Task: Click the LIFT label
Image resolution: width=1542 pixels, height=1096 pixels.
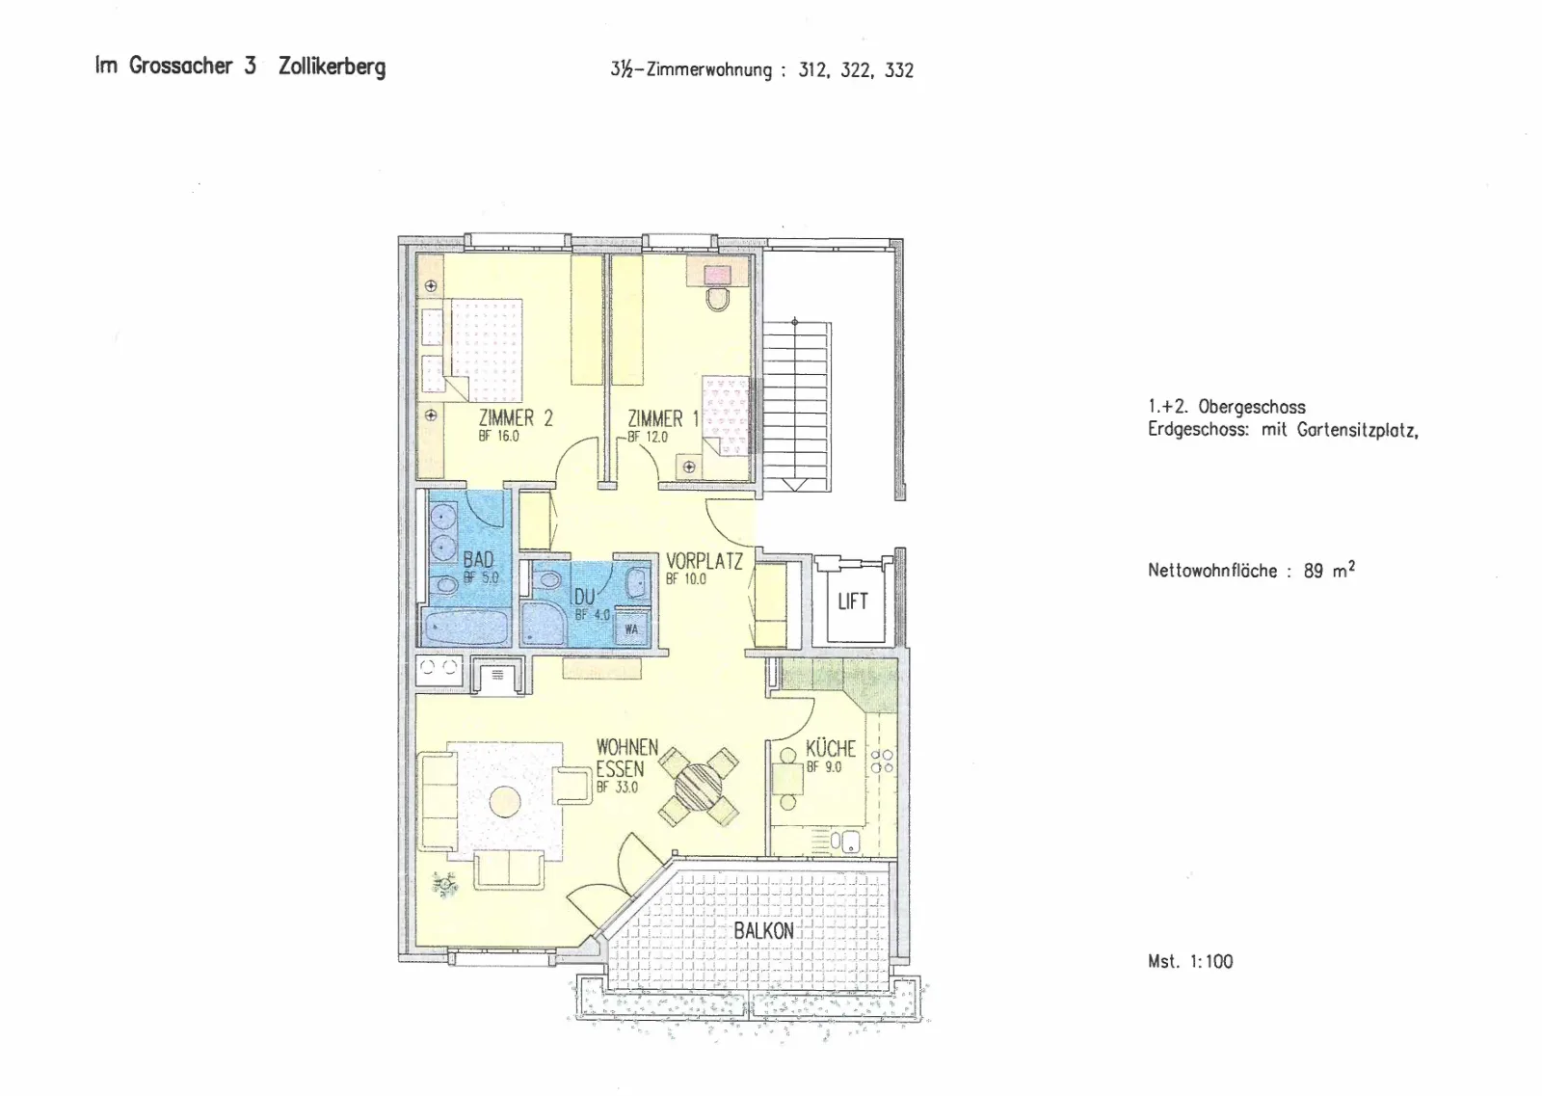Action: [x=852, y=601]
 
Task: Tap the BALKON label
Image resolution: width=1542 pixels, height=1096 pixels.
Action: [x=763, y=931]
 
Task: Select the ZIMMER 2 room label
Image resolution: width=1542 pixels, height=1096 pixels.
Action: [x=516, y=418]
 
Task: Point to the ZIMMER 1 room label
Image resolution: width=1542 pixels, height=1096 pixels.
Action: [x=664, y=418]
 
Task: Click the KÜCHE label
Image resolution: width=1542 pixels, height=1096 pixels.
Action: [x=831, y=748]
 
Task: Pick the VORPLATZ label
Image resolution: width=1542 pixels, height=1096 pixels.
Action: [x=705, y=561]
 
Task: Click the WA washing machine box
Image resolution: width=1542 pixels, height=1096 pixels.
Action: [x=631, y=628]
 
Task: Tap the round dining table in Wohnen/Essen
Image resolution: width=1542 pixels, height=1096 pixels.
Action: [x=698, y=787]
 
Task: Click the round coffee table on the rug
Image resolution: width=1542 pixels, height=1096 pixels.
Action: [x=505, y=801]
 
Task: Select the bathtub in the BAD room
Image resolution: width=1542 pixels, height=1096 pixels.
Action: [x=466, y=628]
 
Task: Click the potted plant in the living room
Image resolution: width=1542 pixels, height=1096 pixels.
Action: [x=444, y=883]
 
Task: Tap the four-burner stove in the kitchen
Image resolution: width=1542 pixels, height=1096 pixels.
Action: [x=882, y=761]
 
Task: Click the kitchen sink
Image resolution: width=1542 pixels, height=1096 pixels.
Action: [x=844, y=842]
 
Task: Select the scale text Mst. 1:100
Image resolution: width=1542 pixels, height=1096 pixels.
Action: [x=1190, y=961]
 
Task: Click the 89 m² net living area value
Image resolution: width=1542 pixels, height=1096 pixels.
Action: [x=1329, y=570]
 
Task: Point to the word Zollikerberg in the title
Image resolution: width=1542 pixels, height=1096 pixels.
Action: [x=332, y=67]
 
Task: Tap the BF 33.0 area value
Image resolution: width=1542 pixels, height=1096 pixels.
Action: [x=618, y=788]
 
